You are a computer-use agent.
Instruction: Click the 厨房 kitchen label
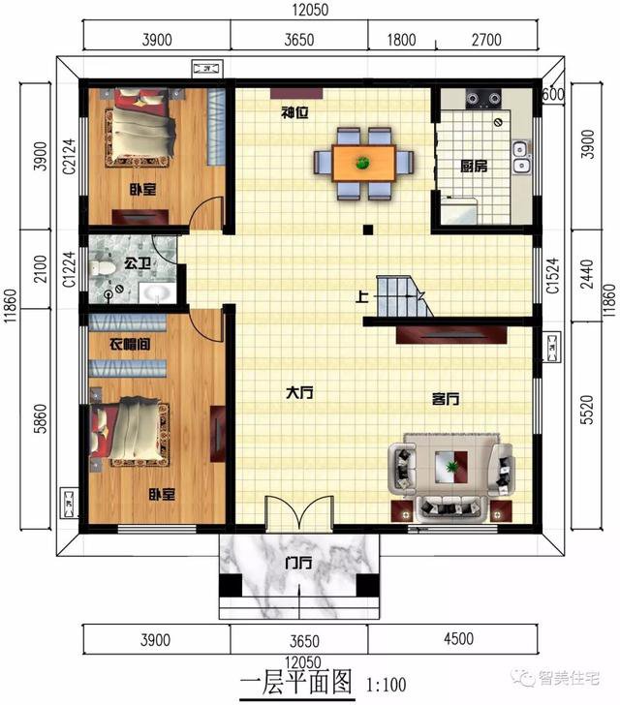point(474,167)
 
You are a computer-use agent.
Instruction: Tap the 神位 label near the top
point(294,112)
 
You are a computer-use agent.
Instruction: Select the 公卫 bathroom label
point(135,261)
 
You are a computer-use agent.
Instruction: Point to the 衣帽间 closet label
point(128,343)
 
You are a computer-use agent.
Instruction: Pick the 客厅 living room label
point(445,398)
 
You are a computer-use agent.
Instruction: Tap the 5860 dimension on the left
point(39,423)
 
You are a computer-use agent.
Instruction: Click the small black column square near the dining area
point(368,230)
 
